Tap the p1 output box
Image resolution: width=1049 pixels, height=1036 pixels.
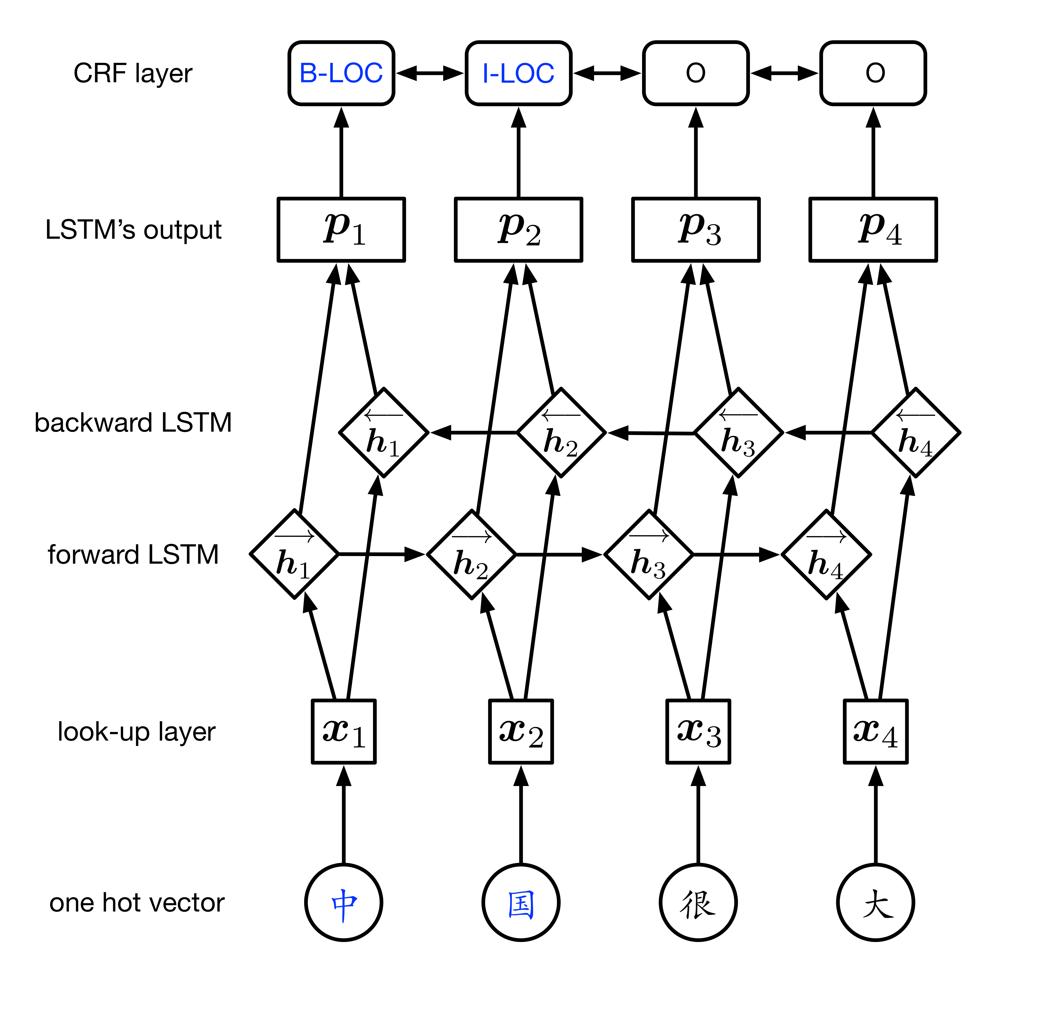341,229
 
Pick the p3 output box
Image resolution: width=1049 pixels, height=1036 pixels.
696,229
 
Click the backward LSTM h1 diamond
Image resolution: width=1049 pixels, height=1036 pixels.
384,433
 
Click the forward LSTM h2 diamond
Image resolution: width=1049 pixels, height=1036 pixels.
471,555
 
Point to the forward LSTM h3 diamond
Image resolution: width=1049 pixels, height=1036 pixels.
649,555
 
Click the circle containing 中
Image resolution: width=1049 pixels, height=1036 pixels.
344,902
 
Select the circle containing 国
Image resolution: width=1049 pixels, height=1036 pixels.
521,902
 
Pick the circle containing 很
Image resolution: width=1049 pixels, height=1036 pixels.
698,902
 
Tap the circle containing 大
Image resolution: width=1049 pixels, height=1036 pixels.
875,902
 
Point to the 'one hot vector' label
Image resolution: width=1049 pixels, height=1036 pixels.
137,902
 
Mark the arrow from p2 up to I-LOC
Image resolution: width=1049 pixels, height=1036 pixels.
519,155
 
